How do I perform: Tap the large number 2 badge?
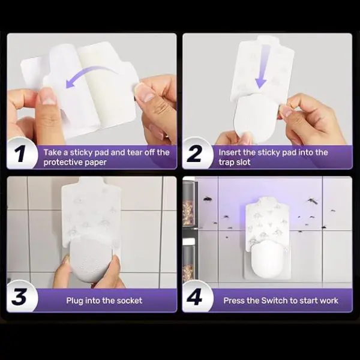[x=196, y=154]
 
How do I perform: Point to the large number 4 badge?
[x=196, y=296]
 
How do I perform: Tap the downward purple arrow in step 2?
[x=262, y=67]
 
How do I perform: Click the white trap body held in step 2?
[x=256, y=118]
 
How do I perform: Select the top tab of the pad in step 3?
[x=91, y=181]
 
